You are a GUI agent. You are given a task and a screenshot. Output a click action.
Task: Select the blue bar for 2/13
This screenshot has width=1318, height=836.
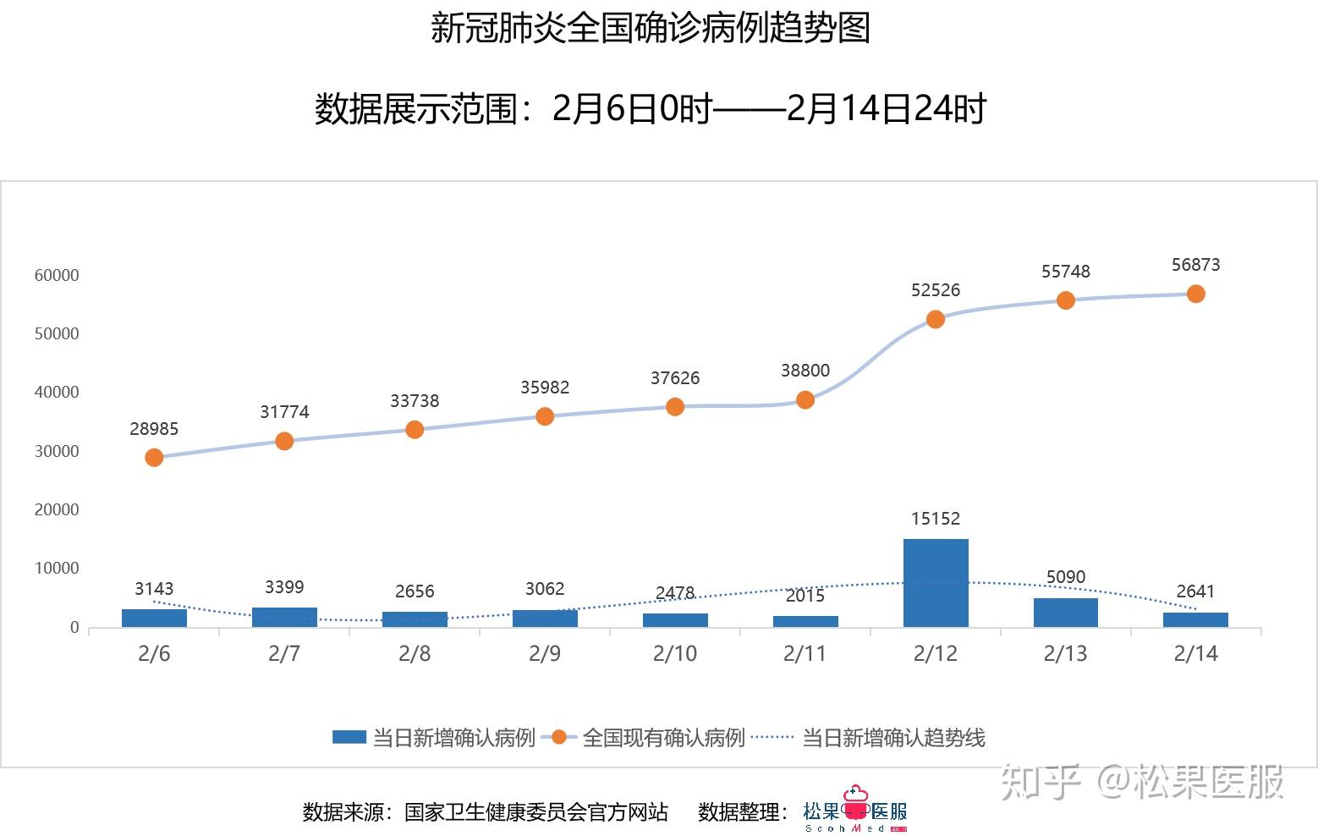[1066, 612]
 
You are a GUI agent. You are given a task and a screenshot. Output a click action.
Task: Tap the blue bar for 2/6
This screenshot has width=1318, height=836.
[154, 618]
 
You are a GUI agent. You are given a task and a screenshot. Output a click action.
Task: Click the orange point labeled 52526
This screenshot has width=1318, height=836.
[936, 319]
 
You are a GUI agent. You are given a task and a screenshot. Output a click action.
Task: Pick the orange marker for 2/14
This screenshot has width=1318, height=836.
[1195, 294]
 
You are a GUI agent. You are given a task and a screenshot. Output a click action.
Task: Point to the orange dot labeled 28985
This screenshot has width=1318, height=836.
[154, 457]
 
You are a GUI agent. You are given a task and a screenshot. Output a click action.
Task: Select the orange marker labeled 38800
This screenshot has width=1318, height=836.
[805, 399]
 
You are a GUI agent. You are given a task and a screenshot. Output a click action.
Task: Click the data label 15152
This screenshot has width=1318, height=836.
[936, 519]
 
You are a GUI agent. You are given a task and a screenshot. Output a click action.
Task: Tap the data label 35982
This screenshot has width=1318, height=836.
[545, 388]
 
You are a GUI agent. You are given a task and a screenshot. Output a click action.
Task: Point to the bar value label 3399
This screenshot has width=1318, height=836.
[284, 587]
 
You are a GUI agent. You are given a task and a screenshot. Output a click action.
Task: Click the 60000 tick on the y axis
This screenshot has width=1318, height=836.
[57, 275]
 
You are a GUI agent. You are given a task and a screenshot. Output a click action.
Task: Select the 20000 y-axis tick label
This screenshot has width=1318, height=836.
[57, 509]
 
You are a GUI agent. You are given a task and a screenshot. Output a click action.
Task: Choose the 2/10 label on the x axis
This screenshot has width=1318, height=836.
[675, 653]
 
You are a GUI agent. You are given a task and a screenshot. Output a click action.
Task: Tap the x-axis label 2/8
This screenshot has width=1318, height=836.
[415, 653]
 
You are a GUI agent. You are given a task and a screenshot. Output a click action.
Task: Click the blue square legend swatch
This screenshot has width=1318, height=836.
[349, 737]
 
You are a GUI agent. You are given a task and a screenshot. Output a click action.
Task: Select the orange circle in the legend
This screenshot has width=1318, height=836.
[558, 737]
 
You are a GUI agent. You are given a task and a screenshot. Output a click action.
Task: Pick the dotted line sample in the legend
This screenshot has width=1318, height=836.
[772, 737]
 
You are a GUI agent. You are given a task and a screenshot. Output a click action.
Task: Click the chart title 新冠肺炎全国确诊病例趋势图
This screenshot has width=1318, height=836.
[650, 28]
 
